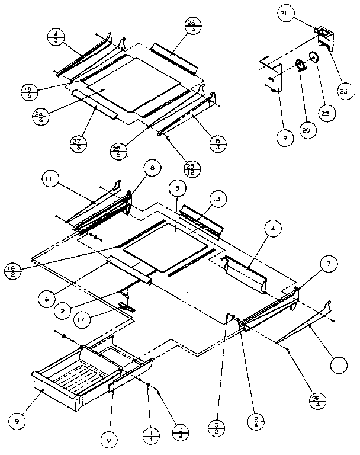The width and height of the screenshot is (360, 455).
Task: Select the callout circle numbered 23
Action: (344, 91)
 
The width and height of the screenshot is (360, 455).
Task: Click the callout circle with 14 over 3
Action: (55, 37)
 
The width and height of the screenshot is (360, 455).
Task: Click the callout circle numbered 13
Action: (217, 199)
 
